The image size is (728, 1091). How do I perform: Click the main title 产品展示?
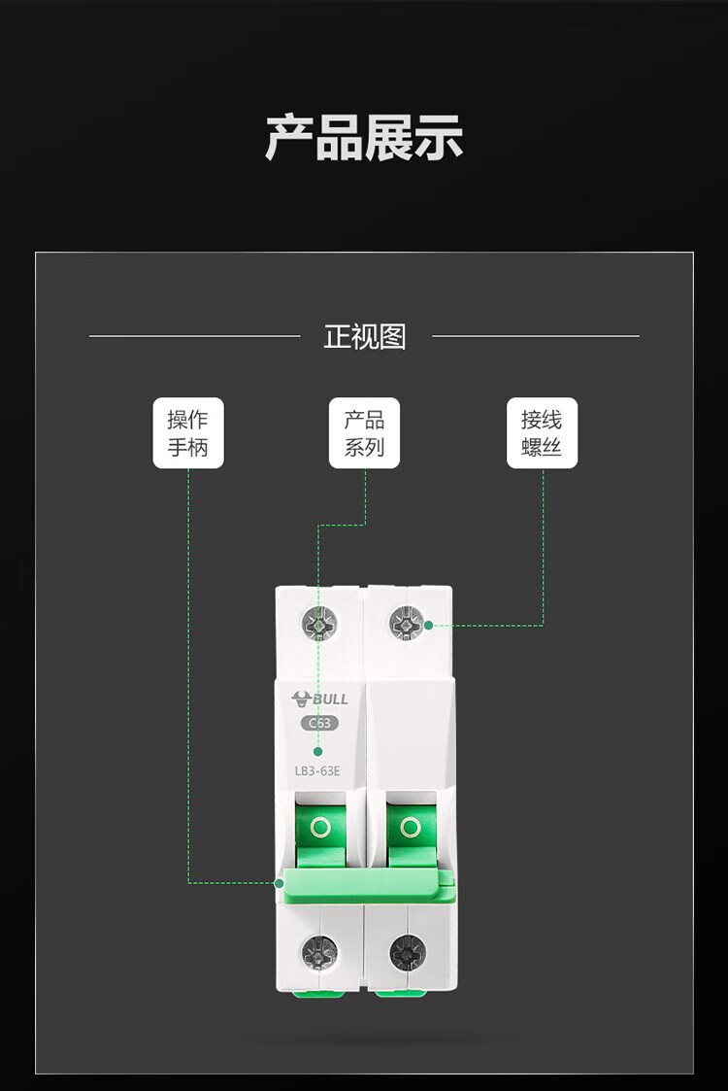coord(364,138)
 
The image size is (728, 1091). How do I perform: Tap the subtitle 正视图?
coord(364,337)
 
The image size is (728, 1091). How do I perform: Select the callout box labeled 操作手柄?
coord(188,432)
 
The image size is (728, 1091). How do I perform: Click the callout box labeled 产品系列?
coord(364,432)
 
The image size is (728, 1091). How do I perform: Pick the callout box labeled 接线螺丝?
coord(542,432)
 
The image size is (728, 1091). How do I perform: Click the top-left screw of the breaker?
coord(320,624)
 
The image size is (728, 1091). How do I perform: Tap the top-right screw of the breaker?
coord(406,624)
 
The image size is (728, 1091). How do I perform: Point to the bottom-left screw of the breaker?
coord(320,951)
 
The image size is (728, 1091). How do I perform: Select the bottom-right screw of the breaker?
coord(407,951)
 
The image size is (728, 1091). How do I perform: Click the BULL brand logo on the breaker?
coord(320,699)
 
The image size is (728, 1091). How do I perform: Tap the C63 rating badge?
coord(320,723)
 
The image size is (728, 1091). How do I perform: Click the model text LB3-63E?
coord(317,771)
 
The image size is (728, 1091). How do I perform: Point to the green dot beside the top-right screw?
coord(428,625)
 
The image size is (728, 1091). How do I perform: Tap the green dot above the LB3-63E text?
coord(317,751)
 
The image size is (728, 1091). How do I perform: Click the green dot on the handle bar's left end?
coord(279,883)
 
